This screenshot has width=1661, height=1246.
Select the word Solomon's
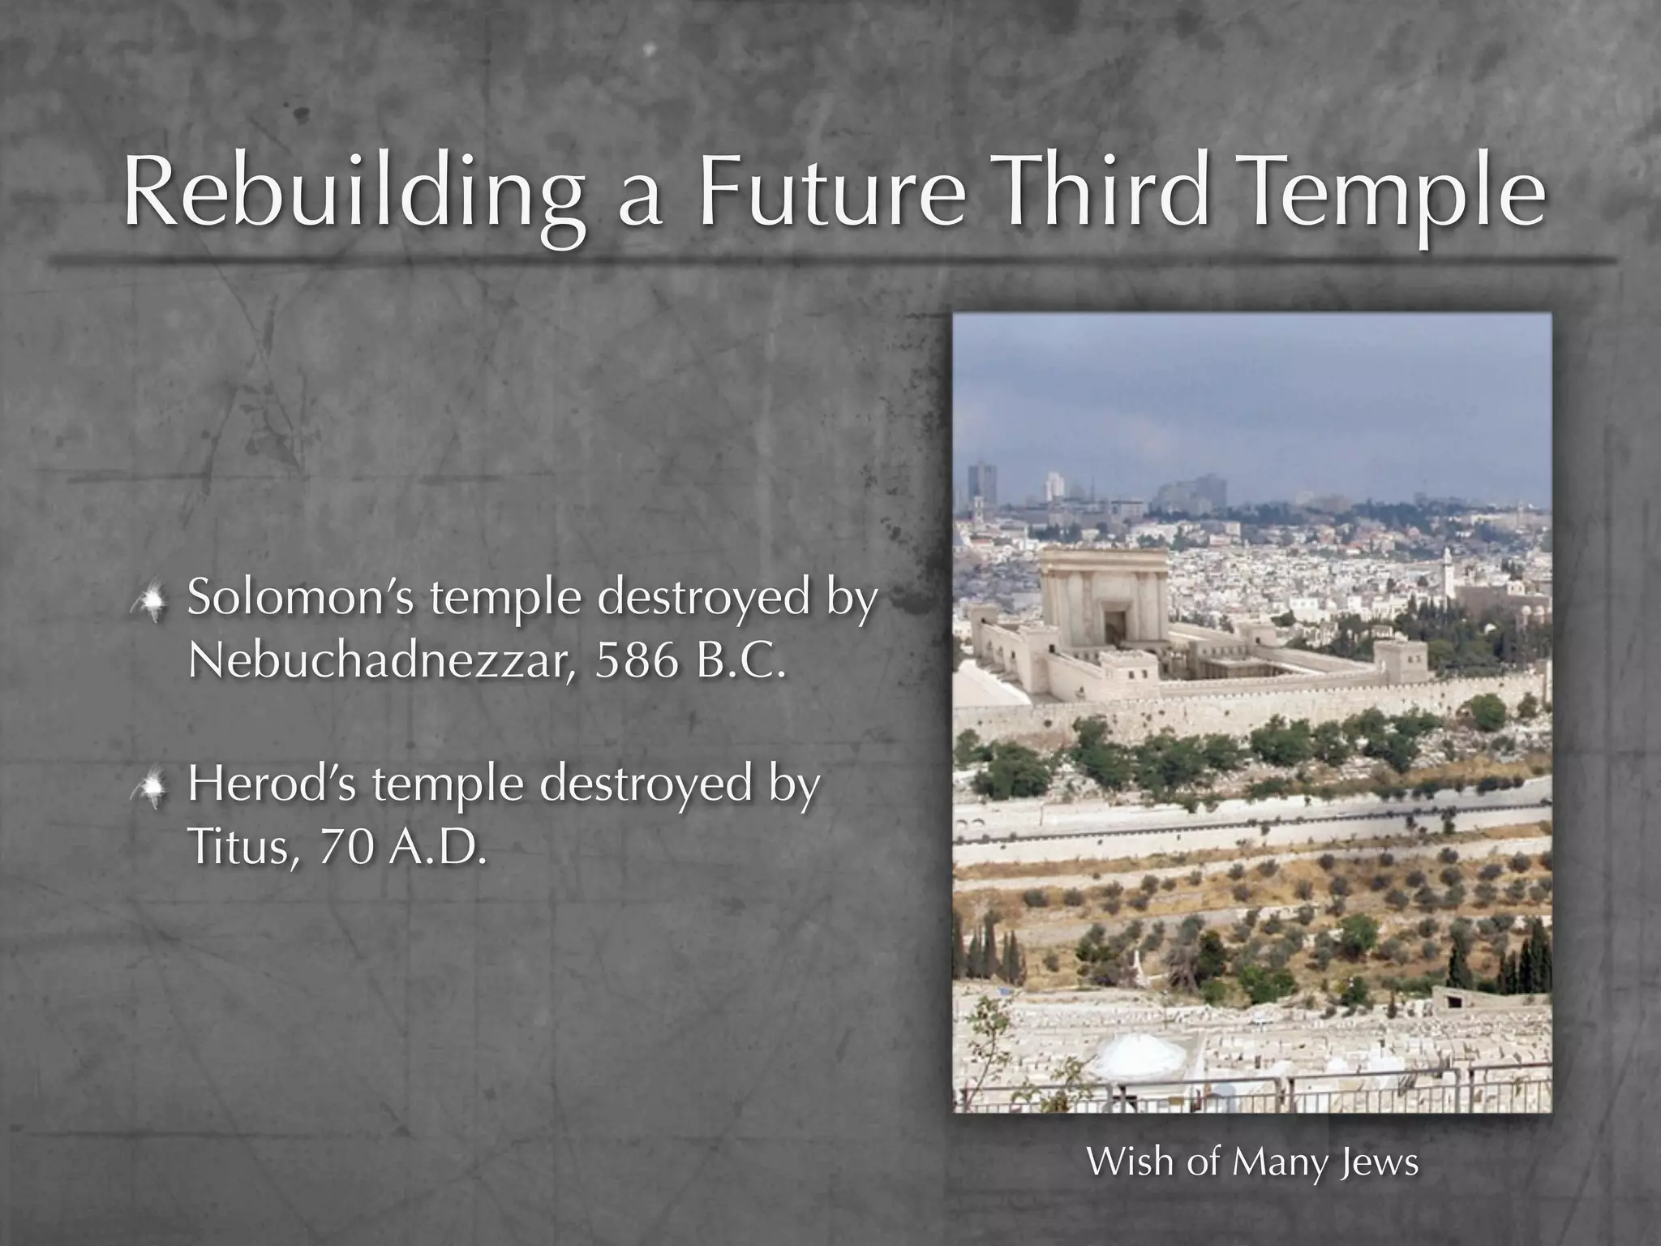pyautogui.click(x=301, y=598)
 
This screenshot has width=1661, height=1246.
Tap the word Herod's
pyautogui.click(x=272, y=784)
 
